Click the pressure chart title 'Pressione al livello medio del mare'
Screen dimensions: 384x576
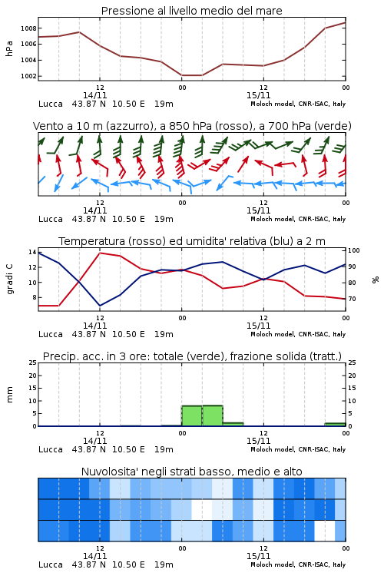[x=191, y=11]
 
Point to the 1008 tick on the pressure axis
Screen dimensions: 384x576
[x=28, y=28]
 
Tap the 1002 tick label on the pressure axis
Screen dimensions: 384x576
[x=28, y=76]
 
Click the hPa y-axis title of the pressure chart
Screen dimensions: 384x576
[x=9, y=48]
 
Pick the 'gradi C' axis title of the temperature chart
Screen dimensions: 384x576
[x=9, y=279]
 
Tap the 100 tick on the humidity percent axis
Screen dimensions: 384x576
[x=354, y=250]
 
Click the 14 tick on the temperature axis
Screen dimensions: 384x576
[x=32, y=252]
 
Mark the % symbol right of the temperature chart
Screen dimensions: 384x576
[x=376, y=280]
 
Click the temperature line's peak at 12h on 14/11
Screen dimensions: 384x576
[x=100, y=253]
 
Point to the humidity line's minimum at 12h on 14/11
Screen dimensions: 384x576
[x=100, y=306]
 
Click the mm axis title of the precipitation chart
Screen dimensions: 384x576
[x=9, y=395]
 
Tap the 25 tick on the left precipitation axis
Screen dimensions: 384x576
[x=33, y=362]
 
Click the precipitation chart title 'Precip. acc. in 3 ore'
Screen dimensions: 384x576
[x=96, y=356]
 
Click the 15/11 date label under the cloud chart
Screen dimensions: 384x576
[x=258, y=556]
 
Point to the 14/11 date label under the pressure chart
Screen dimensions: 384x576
[x=94, y=95]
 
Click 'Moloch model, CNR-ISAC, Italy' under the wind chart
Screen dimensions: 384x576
[x=298, y=219]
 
